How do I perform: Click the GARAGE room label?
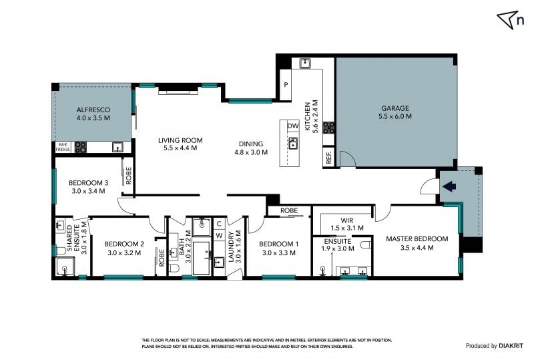click(x=395, y=108)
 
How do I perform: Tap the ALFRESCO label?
click(x=93, y=110)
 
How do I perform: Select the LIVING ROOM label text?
click(x=180, y=140)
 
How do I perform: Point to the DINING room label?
click(x=251, y=144)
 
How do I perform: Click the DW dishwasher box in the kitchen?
click(x=293, y=126)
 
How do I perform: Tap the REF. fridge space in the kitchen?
click(x=328, y=157)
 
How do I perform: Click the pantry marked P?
click(x=286, y=85)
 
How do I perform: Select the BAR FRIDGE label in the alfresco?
click(x=63, y=147)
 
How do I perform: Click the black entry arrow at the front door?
click(x=449, y=186)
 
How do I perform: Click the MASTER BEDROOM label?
click(x=417, y=239)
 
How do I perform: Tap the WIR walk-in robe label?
click(x=347, y=220)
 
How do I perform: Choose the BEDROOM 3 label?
click(x=89, y=183)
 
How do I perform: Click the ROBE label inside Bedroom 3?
click(x=128, y=176)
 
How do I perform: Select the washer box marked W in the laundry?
click(x=220, y=235)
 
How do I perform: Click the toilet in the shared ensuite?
click(x=61, y=251)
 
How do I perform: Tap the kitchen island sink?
click(x=292, y=143)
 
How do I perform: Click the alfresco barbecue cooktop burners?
click(x=81, y=147)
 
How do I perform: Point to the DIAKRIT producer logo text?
click(x=511, y=346)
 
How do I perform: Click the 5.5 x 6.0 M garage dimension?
click(x=395, y=116)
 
